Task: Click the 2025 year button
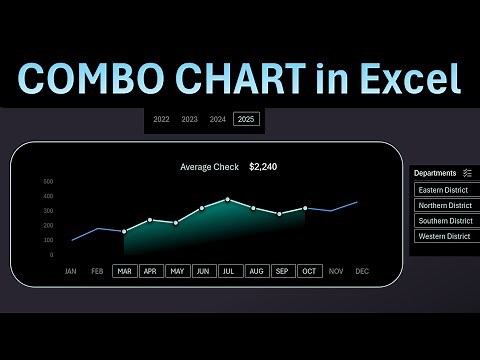point(246,120)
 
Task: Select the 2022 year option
point(161,120)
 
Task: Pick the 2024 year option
point(218,120)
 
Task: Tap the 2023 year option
point(189,120)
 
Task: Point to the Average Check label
point(209,167)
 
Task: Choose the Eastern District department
point(446,190)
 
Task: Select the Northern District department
point(446,205)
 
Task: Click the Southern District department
point(446,221)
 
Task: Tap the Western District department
point(446,236)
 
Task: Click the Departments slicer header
point(435,173)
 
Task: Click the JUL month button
point(228,271)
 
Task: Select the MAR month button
point(124,271)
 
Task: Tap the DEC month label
point(361,271)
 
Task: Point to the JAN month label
point(71,271)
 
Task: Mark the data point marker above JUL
point(228,199)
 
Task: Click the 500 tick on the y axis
point(48,182)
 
